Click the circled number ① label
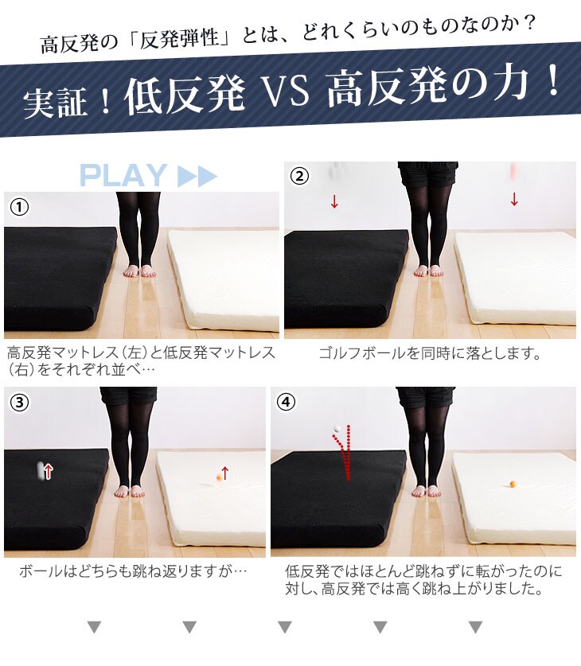click(x=20, y=207)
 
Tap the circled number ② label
click(x=300, y=176)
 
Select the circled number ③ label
click(x=20, y=403)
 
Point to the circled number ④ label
click(x=287, y=401)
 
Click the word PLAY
click(x=123, y=175)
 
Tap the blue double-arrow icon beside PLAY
click(x=197, y=176)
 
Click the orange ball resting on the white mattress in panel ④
click(x=513, y=483)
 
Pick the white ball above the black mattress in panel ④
click(x=337, y=429)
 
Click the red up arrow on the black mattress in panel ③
click(x=49, y=472)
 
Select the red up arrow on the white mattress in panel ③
click(x=225, y=473)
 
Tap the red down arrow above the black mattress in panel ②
click(x=334, y=201)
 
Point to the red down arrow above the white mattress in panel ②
click(x=514, y=199)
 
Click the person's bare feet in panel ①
click(x=140, y=271)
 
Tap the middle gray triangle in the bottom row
click(x=285, y=627)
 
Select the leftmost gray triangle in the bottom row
click(x=94, y=627)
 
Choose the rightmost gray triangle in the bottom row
click(x=475, y=627)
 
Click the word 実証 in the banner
click(x=55, y=103)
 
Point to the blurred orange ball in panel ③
click(x=220, y=477)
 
